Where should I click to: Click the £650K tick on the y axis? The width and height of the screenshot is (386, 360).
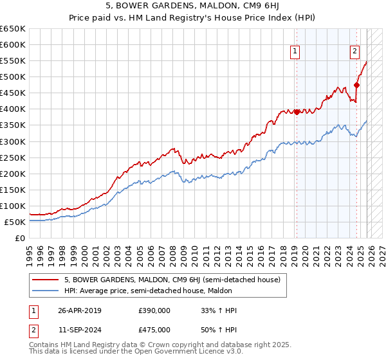pos(13,29)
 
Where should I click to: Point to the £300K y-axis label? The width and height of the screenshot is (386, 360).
pos(13,141)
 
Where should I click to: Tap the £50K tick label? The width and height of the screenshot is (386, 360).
pos(15,222)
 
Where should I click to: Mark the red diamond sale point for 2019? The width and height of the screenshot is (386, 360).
pos(297,112)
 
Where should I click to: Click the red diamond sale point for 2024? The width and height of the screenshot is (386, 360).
pos(357,85)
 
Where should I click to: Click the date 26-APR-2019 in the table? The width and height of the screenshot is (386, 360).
pos(80,310)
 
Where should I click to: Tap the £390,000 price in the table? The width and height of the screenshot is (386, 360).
pos(154,310)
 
